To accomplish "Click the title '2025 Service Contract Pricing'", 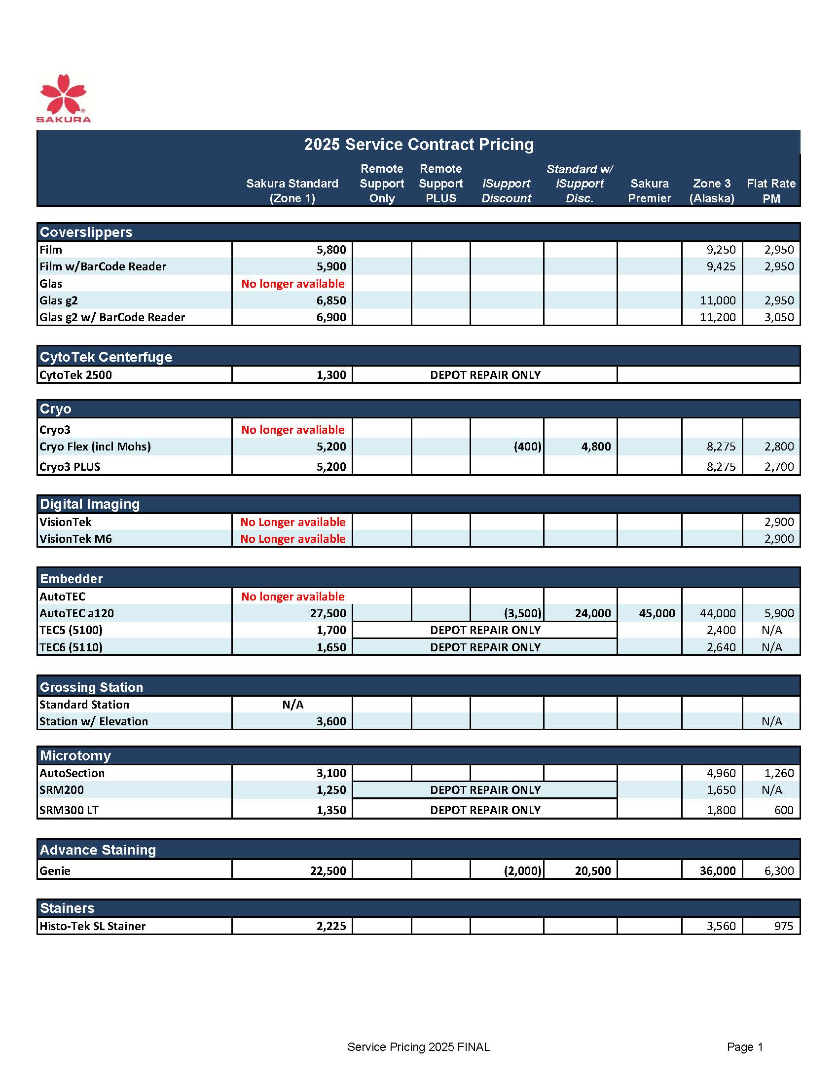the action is (418, 144).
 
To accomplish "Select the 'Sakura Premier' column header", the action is (649, 191).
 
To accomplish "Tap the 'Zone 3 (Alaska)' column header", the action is (712, 191).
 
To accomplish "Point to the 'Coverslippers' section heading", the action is (86, 232).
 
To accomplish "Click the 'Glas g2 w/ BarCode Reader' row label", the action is (112, 317).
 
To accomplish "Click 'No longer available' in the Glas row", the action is (293, 283).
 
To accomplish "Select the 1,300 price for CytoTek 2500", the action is (331, 375).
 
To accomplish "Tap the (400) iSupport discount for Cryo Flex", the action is (527, 447).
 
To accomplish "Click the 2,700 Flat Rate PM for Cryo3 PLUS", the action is (779, 467).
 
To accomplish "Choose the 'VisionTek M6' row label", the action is (75, 539).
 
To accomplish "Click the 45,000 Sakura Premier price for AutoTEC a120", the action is (657, 614).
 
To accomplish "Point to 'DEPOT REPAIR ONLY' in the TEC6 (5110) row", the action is (485, 647).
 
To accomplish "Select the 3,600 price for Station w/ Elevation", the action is (331, 721).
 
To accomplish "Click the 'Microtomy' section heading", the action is (75, 756).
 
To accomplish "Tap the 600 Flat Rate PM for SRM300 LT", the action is (783, 810).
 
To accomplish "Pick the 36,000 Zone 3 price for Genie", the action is (717, 871).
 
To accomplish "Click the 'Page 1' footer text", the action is (745, 1047).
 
